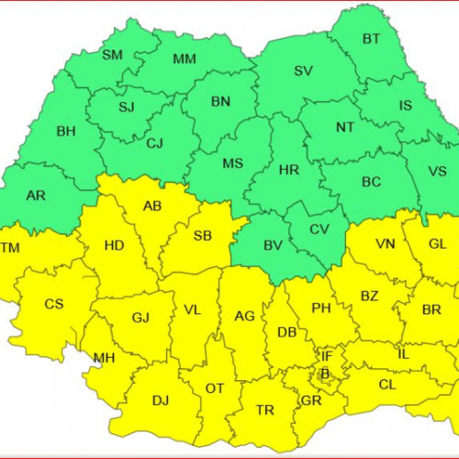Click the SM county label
point(112,55)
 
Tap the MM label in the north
point(185,60)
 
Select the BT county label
point(371,39)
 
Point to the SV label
point(303,71)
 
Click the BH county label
point(66,131)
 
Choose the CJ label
point(155,142)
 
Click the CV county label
point(319,229)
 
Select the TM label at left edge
point(9,248)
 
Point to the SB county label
point(203,236)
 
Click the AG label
point(244,316)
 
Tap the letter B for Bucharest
point(324,373)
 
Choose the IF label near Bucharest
point(327,355)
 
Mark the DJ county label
point(161,400)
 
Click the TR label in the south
point(265,409)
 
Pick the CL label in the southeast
point(387,385)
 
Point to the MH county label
point(104,358)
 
